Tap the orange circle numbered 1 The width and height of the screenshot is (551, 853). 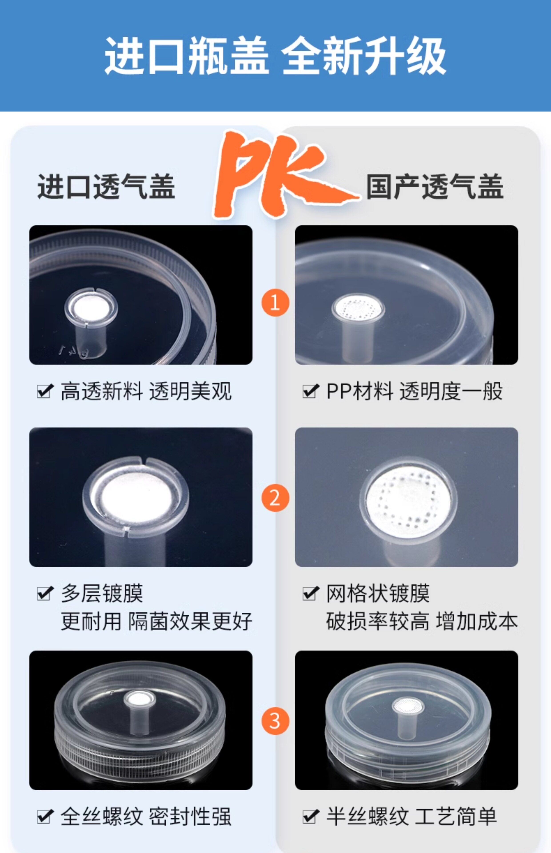(x=275, y=303)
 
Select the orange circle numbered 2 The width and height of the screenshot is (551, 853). (x=275, y=498)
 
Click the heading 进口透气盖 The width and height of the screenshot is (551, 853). (x=106, y=186)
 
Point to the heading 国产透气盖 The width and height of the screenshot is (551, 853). (x=435, y=186)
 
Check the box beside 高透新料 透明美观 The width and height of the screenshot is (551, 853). (x=45, y=391)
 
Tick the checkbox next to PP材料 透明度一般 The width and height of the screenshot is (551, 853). (x=311, y=391)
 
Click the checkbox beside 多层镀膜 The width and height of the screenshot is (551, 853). (x=45, y=593)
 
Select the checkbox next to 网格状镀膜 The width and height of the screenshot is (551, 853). (x=311, y=593)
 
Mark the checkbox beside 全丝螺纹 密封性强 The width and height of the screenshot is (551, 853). (x=45, y=817)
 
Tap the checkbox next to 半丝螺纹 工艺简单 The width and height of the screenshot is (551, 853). (x=311, y=817)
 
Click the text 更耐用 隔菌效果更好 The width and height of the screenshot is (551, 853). (x=156, y=621)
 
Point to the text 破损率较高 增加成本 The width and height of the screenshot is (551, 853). (x=422, y=621)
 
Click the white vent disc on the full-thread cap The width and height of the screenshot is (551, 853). (x=140, y=698)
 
